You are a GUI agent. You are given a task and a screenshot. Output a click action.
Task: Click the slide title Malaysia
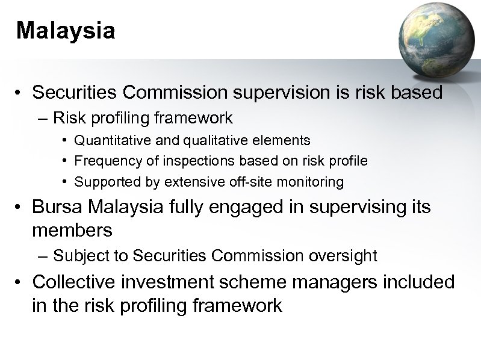66,31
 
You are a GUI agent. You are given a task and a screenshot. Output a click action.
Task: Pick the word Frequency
105,161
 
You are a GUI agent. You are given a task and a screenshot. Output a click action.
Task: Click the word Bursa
55,208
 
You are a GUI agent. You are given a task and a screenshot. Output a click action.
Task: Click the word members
72,230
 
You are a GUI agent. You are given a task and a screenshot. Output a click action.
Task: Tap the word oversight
341,256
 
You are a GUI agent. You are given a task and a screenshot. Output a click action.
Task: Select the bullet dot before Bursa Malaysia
21,208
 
